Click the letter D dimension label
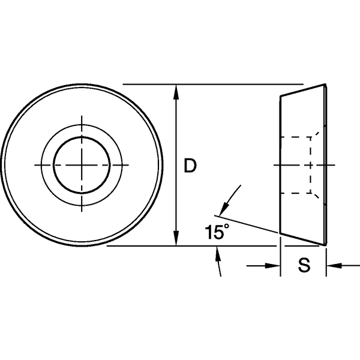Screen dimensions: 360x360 click(x=190, y=166)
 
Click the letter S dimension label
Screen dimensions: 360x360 click(x=304, y=266)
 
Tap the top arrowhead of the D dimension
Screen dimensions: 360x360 click(x=175, y=91)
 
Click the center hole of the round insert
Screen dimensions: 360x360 click(x=82, y=164)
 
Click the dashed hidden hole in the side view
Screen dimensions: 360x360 click(x=297, y=164)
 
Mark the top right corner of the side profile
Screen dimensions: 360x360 click(x=325, y=85)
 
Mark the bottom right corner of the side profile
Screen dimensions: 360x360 click(x=325, y=244)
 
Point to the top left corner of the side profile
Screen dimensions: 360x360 click(x=281, y=96)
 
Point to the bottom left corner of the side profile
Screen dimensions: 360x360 click(x=281, y=233)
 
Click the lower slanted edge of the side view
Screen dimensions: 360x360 click(x=303, y=239)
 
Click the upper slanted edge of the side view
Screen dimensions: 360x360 click(x=303, y=90)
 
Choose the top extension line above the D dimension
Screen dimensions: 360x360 click(x=210, y=84)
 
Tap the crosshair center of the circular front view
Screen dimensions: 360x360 click(x=82, y=164)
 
